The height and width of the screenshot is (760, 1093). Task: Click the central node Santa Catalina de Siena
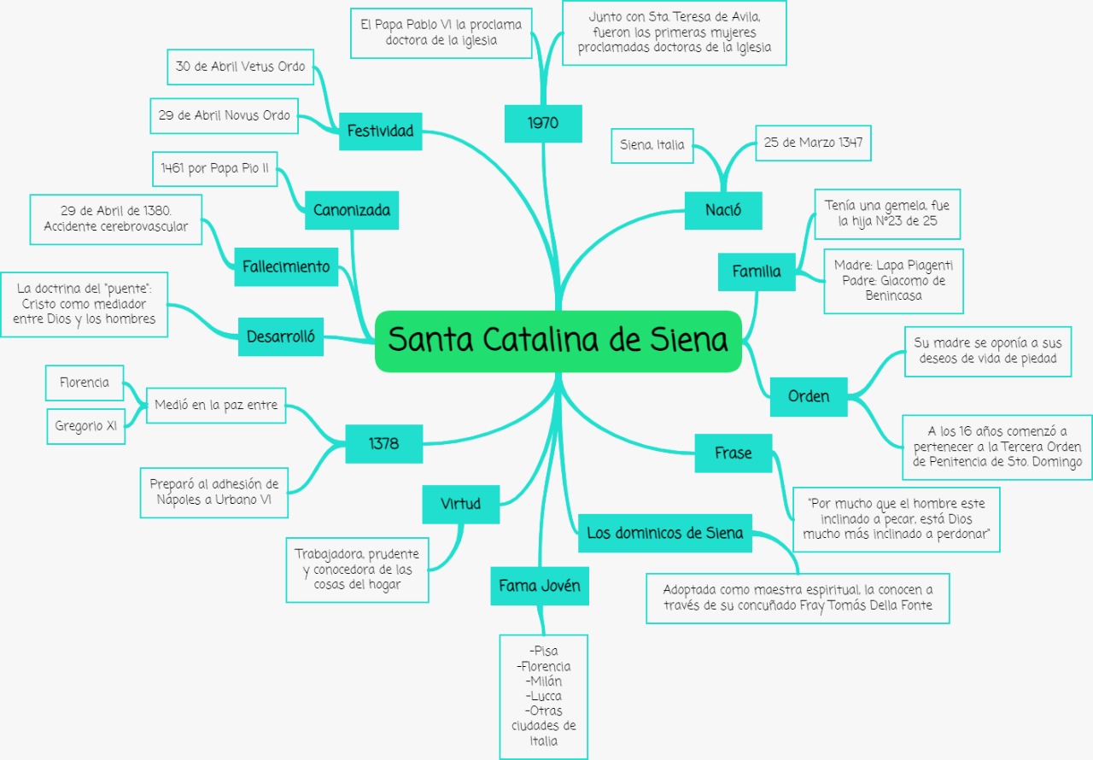[558, 341]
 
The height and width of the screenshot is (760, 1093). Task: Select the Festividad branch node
[380, 131]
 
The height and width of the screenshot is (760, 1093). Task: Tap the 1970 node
[543, 123]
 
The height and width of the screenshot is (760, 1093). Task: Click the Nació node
[723, 210]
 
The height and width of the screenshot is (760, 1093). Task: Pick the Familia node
[757, 272]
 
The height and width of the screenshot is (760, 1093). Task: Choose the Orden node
[808, 396]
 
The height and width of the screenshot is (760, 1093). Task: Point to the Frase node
[734, 453]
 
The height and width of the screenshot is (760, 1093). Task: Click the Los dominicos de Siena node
[665, 534]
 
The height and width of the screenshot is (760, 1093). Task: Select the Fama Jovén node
[540, 586]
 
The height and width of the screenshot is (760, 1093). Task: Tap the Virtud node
[460, 504]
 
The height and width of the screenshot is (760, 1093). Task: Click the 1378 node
[383, 443]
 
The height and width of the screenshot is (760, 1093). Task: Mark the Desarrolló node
[281, 336]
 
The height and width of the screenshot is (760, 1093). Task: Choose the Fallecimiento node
[286, 266]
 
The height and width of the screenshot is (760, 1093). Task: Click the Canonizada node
[352, 210]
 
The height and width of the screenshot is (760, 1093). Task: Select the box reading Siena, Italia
[652, 145]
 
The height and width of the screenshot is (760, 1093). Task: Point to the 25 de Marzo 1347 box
[813, 143]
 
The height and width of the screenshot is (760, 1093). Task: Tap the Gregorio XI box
[85, 426]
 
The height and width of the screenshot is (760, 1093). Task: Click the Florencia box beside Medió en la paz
[85, 383]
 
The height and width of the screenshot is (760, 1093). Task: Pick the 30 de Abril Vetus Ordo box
[240, 67]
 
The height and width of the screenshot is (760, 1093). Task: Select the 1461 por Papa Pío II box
[214, 169]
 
